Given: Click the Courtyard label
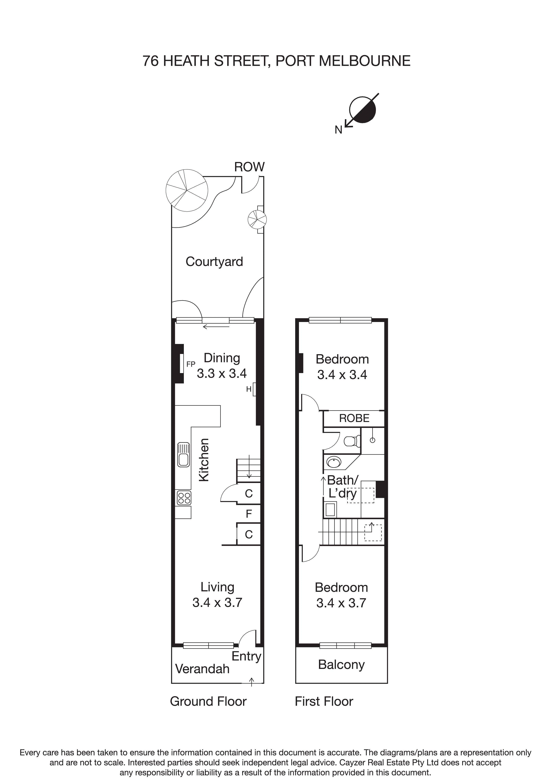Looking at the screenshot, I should pyautogui.click(x=214, y=262).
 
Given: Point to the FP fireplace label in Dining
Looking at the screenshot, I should pyautogui.click(x=191, y=364).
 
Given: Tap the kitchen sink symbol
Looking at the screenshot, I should pyautogui.click(x=183, y=454).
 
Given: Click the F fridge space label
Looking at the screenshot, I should pyautogui.click(x=249, y=514).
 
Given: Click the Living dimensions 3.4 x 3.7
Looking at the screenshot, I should pyautogui.click(x=217, y=603).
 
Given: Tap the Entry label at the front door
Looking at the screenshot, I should pyautogui.click(x=246, y=656).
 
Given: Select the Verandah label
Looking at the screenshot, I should pyautogui.click(x=202, y=669).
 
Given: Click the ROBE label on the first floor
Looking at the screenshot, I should pyautogui.click(x=354, y=418).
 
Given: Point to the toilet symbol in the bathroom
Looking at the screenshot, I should pyautogui.click(x=352, y=441).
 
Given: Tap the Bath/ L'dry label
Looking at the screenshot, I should pyautogui.click(x=342, y=487).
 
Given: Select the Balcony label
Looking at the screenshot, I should pyautogui.click(x=341, y=664).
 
